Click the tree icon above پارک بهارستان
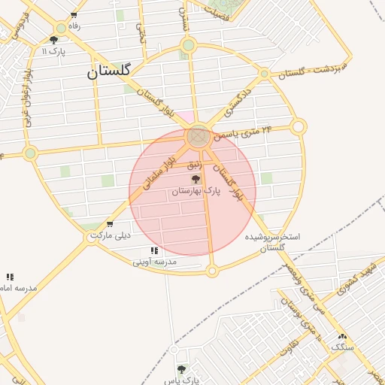click(196, 179)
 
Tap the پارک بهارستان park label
click(196, 192)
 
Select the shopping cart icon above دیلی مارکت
click(111, 224)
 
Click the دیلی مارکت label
click(111, 235)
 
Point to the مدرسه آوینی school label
click(154, 262)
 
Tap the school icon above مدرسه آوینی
click(154, 250)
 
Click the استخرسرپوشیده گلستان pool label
click(273, 241)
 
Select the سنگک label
click(342, 347)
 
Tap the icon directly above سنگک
click(342, 336)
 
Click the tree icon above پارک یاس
click(181, 369)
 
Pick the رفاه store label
click(74, 26)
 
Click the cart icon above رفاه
click(73, 15)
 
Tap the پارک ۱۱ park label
click(54, 51)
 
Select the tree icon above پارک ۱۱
click(54, 40)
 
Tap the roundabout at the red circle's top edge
click(199, 136)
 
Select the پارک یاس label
click(181, 380)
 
